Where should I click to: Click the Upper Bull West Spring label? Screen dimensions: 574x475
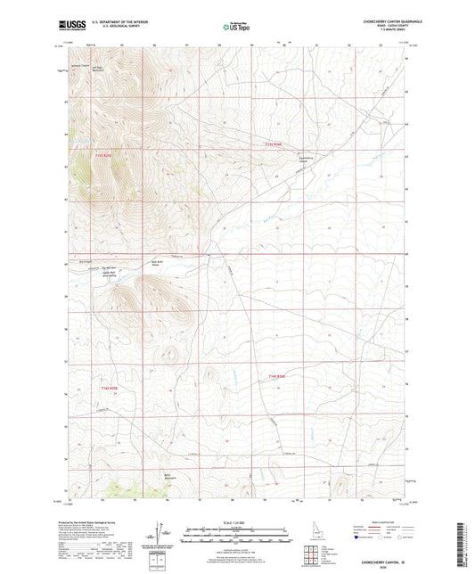[109, 274]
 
